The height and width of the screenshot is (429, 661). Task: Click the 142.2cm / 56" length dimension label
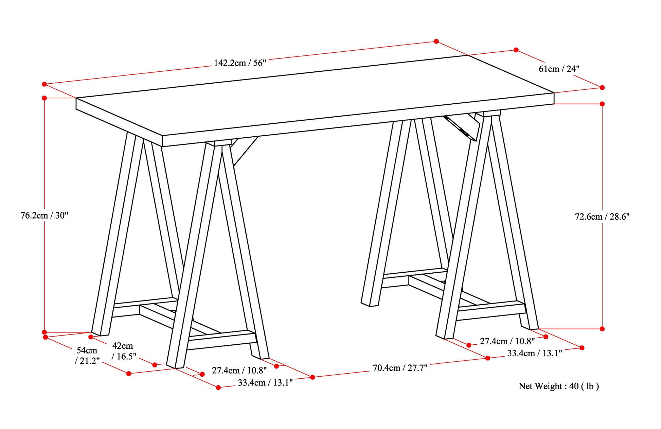point(240,63)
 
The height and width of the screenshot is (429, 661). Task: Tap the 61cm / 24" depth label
point(559,69)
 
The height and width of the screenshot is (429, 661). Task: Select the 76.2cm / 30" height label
point(44,215)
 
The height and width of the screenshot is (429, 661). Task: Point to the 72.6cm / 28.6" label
point(602,217)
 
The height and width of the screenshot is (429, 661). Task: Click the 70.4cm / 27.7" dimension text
point(400,368)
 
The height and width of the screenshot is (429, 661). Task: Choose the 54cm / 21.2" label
point(87,355)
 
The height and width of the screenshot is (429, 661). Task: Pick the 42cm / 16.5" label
point(124,351)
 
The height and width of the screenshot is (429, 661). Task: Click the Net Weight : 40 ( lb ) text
point(559,386)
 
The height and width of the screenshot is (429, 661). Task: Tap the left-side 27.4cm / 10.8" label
point(239,370)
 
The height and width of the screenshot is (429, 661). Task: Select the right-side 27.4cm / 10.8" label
point(507,341)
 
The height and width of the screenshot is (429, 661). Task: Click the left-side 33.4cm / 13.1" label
point(265,383)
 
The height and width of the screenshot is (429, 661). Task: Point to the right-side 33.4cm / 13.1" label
point(535,353)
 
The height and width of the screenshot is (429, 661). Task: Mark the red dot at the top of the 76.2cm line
point(44,98)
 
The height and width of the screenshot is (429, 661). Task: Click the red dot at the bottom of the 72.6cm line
point(602,329)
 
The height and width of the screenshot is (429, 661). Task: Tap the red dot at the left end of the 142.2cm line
point(44,84)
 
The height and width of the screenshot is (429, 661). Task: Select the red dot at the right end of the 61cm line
point(602,87)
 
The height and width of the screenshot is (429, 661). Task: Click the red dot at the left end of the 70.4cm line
point(312,377)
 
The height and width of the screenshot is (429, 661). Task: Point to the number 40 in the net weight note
point(574,386)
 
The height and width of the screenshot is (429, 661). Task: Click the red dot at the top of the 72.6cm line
point(602,104)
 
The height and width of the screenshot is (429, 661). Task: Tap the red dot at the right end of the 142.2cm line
point(436,41)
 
